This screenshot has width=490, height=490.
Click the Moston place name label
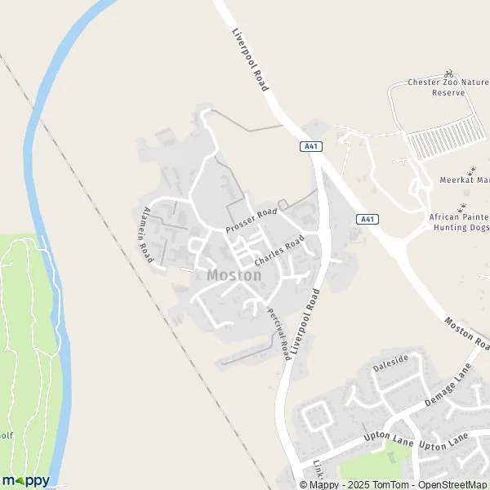pyautogui.click(x=234, y=275)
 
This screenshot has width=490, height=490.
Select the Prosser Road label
pyautogui.click(x=252, y=218)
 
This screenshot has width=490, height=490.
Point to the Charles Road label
pyautogui.click(x=278, y=251)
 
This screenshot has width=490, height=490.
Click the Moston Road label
pyautogui.click(x=468, y=333)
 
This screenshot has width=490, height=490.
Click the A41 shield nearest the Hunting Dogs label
pyautogui.click(x=367, y=219)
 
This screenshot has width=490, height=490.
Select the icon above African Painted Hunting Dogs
pyautogui.click(x=462, y=205)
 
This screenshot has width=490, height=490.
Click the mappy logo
pyautogui.click(x=25, y=480)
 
